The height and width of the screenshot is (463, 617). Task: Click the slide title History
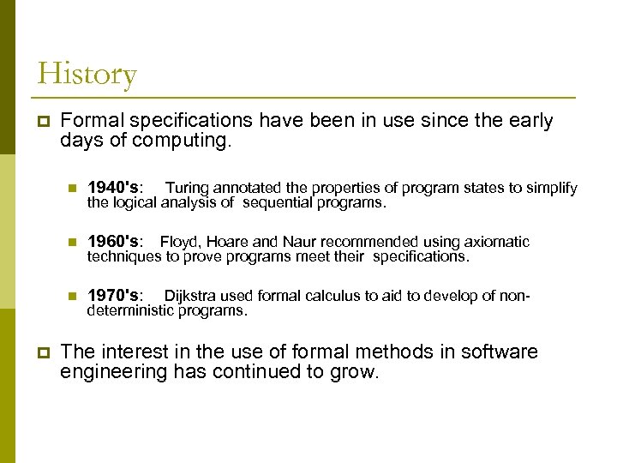click(x=87, y=75)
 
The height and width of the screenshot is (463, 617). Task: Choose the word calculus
click(x=333, y=296)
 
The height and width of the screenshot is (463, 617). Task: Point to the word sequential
click(x=277, y=203)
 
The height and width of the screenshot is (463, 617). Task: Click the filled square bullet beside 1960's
click(x=73, y=243)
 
